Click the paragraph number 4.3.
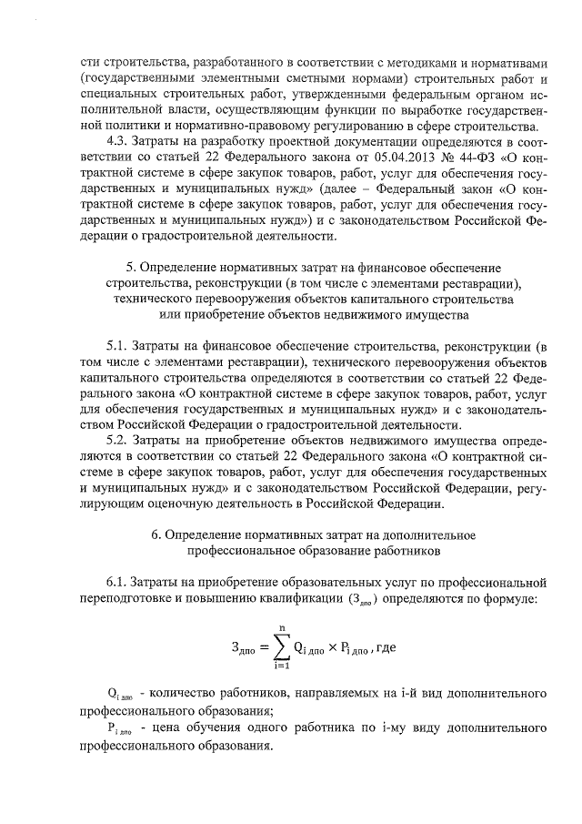[120, 143]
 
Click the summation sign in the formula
[272, 646]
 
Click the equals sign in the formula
[254, 647]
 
